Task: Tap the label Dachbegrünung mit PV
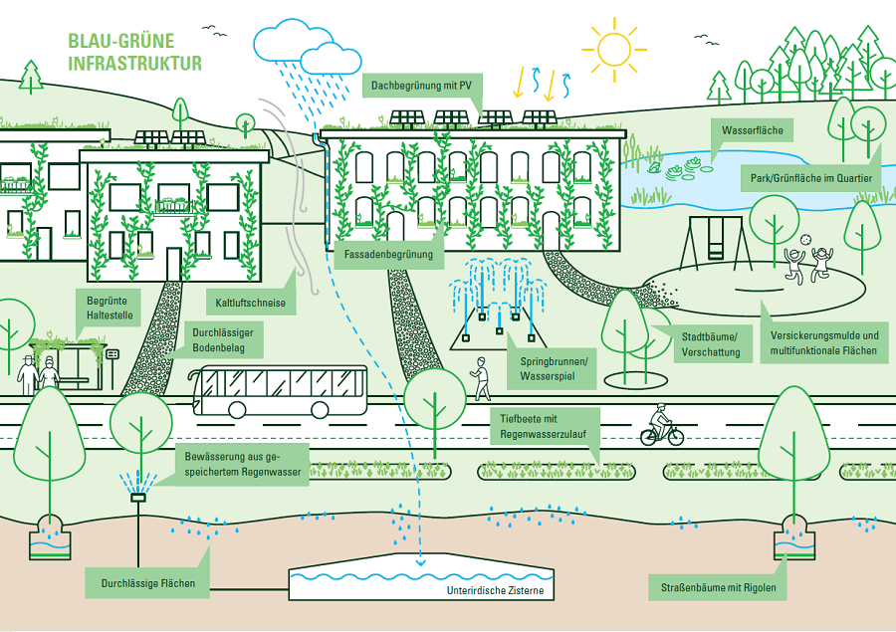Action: tap(420, 87)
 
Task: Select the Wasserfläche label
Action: tap(752, 131)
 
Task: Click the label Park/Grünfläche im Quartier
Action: tap(811, 179)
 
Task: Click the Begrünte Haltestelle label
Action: tap(108, 308)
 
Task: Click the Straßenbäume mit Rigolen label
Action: tap(718, 588)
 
